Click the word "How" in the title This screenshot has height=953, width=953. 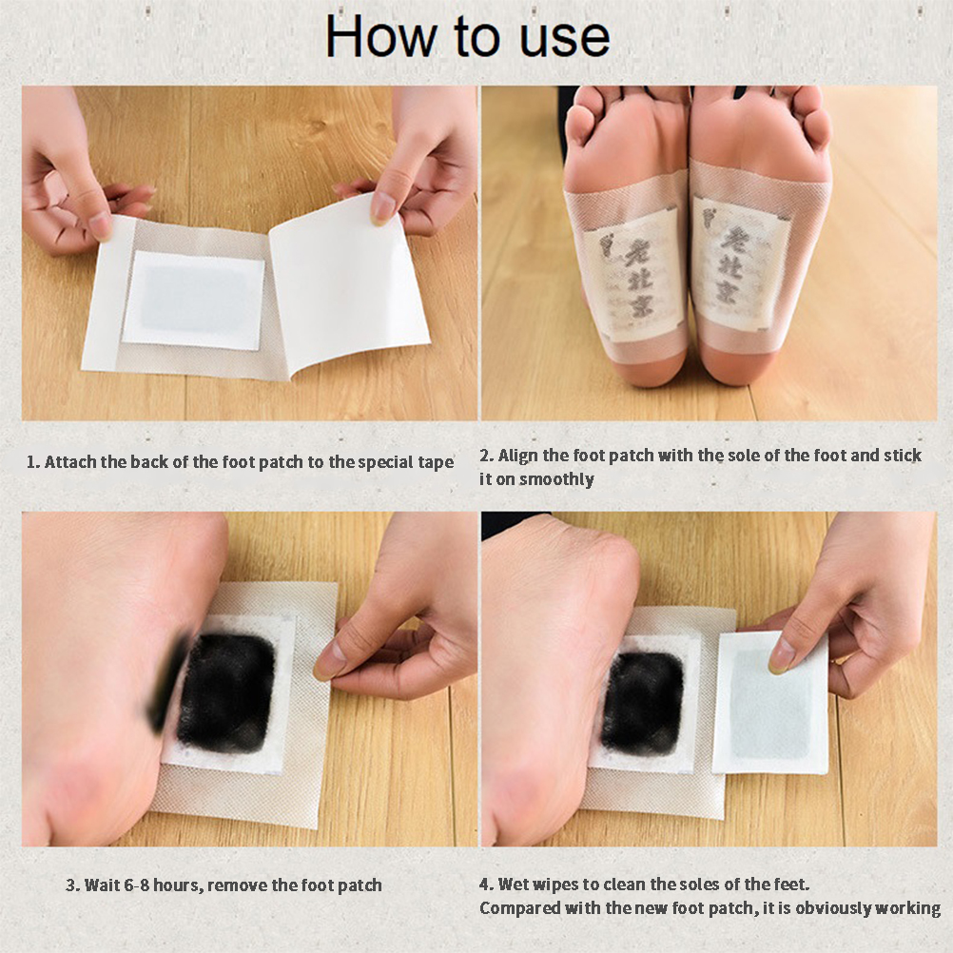click(380, 36)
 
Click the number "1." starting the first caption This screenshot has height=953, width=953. click(33, 462)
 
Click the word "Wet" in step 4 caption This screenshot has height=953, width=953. click(512, 884)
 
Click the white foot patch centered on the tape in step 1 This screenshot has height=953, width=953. click(194, 301)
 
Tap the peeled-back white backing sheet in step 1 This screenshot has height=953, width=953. click(349, 283)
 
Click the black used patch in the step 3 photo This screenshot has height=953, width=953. click(225, 692)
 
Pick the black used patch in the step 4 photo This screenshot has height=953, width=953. click(641, 705)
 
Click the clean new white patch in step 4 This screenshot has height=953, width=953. click(770, 703)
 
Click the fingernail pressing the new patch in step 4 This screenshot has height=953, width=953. click(781, 657)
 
